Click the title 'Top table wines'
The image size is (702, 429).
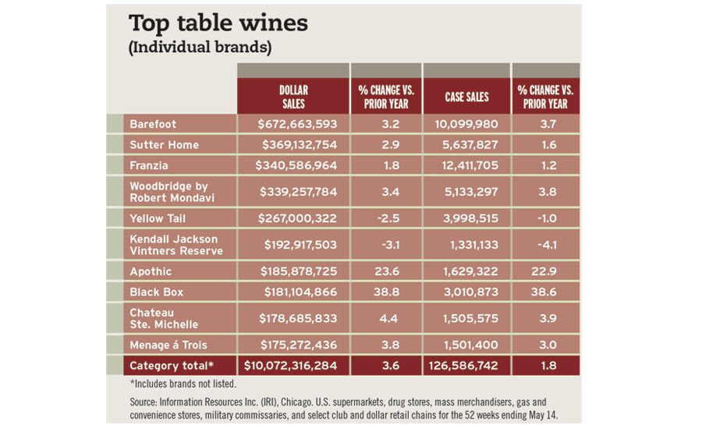point(218,23)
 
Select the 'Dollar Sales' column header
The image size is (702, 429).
point(292,97)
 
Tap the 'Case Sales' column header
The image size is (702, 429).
point(466,97)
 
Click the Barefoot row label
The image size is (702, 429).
point(153,124)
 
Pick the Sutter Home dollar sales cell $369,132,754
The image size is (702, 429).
point(296,144)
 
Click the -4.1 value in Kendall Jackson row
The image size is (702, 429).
point(545,244)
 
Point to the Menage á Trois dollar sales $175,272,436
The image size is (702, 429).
point(296,345)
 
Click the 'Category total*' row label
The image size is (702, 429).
point(171,365)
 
